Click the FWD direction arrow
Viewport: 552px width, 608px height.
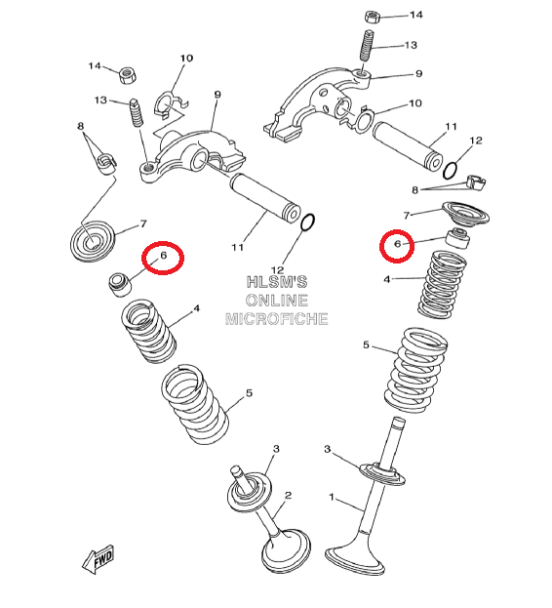[99, 559]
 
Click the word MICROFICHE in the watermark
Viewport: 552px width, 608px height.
[277, 319]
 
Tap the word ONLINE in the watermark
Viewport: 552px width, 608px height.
[277, 301]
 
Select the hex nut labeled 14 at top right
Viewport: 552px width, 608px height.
[372, 17]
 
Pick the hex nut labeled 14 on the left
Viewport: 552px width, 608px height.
[127, 75]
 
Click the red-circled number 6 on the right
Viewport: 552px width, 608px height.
[398, 244]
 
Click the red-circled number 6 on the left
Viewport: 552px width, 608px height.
[163, 255]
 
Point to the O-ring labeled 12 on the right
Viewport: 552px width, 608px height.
[450, 171]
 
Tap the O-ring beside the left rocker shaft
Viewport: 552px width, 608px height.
[308, 223]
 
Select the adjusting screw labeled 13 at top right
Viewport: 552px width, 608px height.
[367, 45]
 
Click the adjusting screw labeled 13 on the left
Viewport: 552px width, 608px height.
[137, 111]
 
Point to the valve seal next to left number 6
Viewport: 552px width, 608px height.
[120, 285]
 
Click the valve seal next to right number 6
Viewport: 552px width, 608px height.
[457, 238]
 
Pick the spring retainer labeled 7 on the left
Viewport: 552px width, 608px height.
[93, 240]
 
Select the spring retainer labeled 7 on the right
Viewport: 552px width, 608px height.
[466, 214]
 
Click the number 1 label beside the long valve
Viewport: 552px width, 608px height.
[332, 497]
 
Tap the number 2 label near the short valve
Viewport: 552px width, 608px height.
[288, 495]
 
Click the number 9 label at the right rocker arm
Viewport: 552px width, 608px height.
[418, 73]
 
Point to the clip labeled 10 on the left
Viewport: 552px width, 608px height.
[171, 104]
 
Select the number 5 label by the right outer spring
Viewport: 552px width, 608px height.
[366, 345]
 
